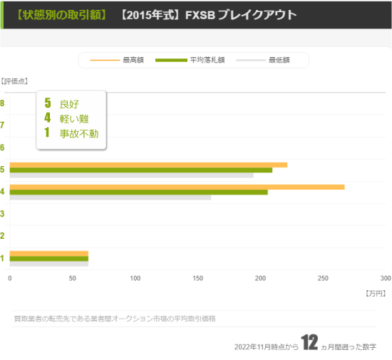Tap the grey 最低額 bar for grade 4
pos(110,197)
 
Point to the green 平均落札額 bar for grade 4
pos(138,192)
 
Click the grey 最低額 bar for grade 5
pos(131,175)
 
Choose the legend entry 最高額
pos(133,60)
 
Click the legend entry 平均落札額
pos(207,60)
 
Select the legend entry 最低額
pos(279,60)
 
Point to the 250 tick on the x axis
pos(323,278)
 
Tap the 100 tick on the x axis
pos(135,278)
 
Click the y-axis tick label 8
pos(3,103)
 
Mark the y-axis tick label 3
pos(3,214)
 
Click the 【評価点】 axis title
pos(14,81)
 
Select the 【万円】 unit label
pos(374,293)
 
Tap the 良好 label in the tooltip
pos(69,104)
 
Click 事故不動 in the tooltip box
pos(79,133)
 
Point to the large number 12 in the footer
pos(309,343)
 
